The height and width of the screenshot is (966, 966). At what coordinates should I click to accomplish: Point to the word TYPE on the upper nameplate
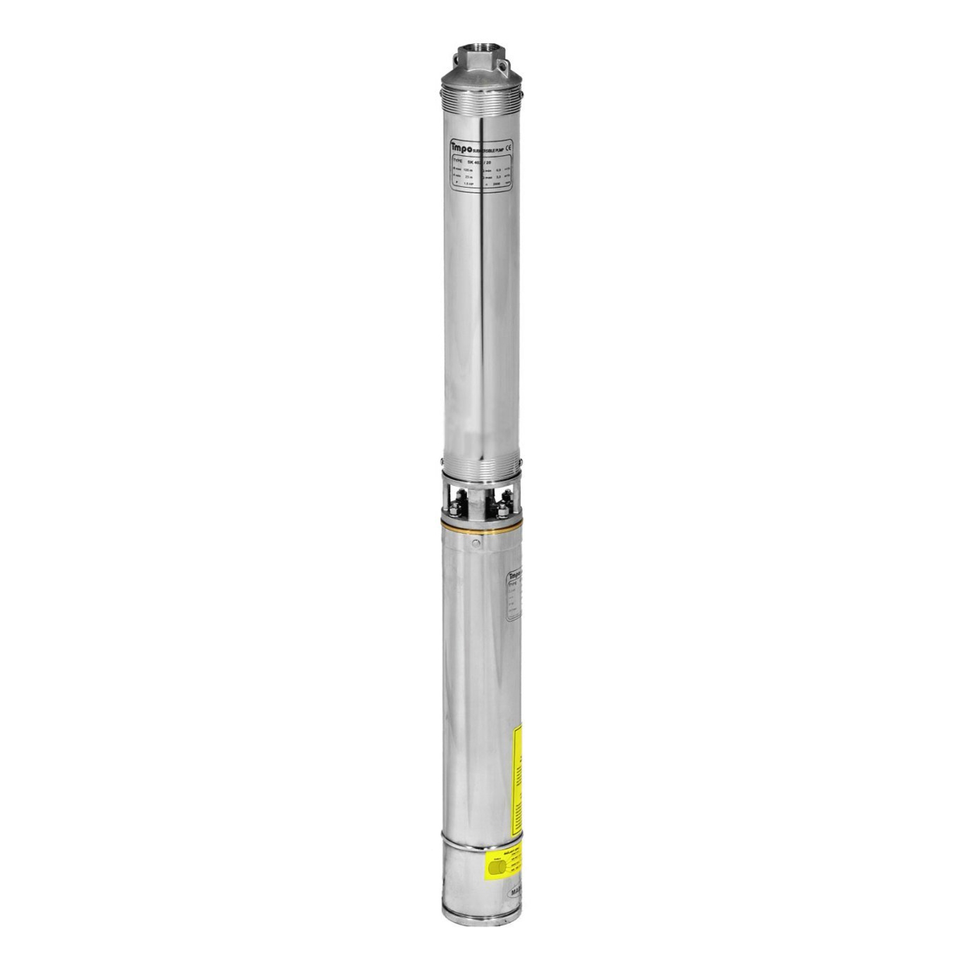tap(458, 162)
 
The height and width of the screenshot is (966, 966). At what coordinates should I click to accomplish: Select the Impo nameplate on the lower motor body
tap(514, 596)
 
